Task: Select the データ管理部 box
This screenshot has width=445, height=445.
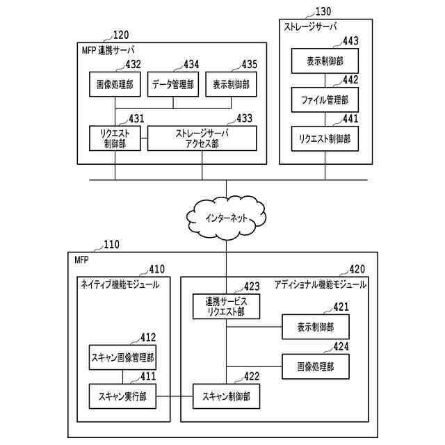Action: pyautogui.click(x=173, y=85)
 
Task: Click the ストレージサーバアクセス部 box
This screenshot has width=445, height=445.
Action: pyautogui.click(x=202, y=138)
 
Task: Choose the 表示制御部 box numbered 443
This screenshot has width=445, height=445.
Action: pyautogui.click(x=324, y=61)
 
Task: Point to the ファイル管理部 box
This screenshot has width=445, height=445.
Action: pyautogui.click(x=324, y=99)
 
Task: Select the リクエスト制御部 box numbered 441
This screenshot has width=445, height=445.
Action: pyautogui.click(x=324, y=138)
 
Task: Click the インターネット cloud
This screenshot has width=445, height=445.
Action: pyautogui.click(x=227, y=218)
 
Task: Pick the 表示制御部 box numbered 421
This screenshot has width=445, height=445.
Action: pyautogui.click(x=315, y=327)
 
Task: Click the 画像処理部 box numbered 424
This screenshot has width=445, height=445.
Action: pyautogui.click(x=315, y=366)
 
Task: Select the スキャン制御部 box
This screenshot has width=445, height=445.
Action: pyautogui.click(x=227, y=396)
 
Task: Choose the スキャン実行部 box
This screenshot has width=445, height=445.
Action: pyautogui.click(x=122, y=396)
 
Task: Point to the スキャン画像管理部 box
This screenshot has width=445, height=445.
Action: pyautogui.click(x=122, y=358)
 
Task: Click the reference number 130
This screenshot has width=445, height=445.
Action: pyautogui.click(x=323, y=11)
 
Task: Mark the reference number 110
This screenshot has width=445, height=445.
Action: pyautogui.click(x=111, y=244)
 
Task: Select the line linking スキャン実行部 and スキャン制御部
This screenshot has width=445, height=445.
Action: pyautogui.click(x=175, y=396)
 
